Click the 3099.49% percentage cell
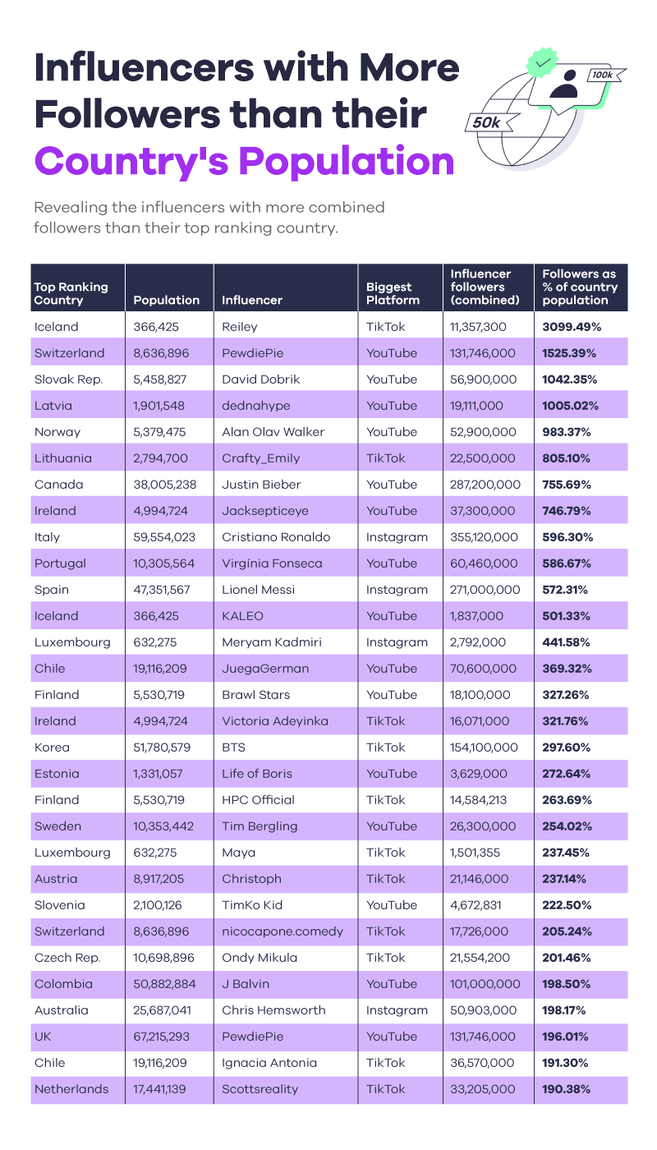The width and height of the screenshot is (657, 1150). (572, 327)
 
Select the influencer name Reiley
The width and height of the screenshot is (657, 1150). (240, 327)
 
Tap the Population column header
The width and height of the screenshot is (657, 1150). (166, 301)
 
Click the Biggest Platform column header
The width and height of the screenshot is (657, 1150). (393, 294)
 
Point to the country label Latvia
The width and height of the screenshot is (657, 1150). (53, 406)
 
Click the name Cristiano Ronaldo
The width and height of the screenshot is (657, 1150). (276, 537)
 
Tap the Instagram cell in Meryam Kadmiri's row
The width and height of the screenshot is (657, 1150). (397, 642)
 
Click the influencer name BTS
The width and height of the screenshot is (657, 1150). (234, 747)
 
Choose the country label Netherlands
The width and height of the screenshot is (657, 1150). (71, 1089)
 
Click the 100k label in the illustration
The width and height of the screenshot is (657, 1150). (602, 75)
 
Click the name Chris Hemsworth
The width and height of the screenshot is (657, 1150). (273, 1010)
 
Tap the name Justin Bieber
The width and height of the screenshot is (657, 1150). (261, 485)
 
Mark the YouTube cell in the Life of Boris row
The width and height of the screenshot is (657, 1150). (392, 774)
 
